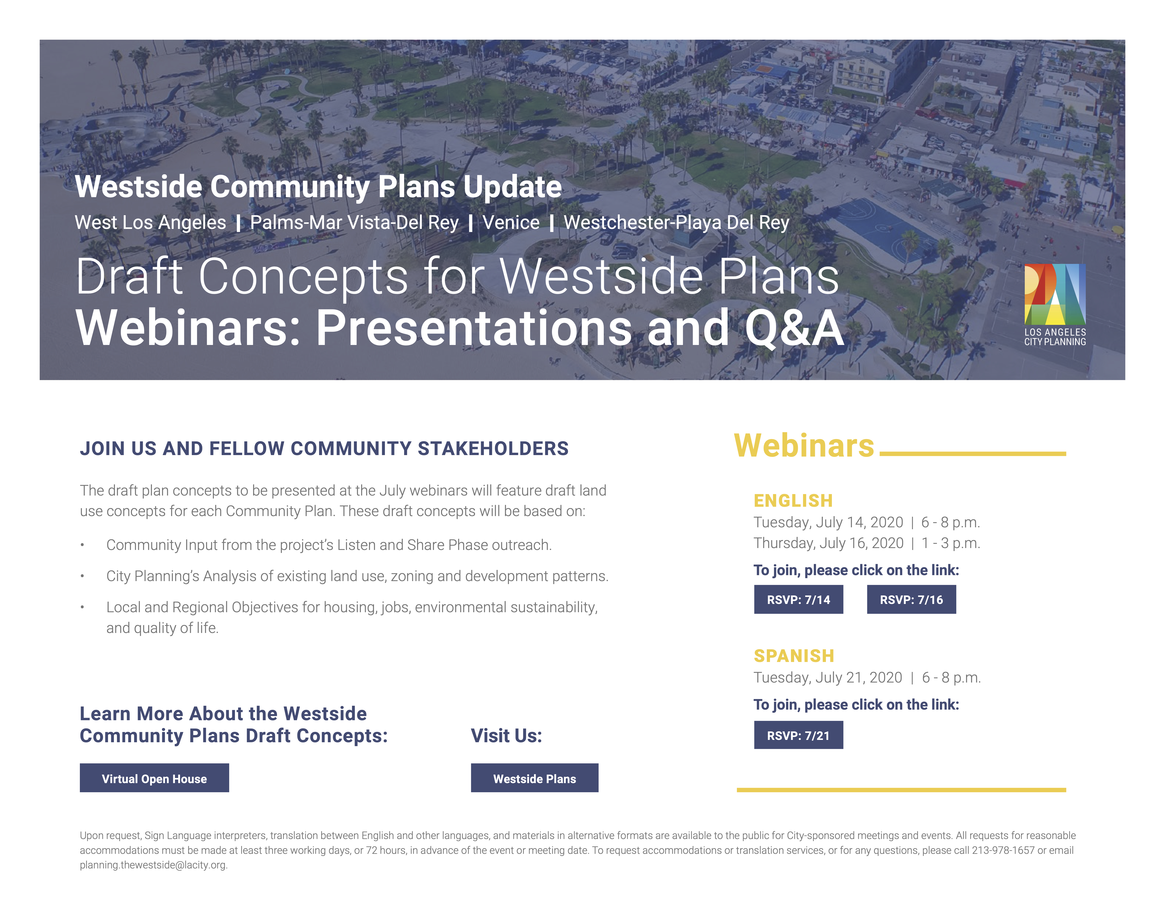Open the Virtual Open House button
pyautogui.click(x=154, y=778)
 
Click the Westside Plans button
pyautogui.click(x=534, y=778)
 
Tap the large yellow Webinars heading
pyautogui.click(x=804, y=446)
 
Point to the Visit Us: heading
pyautogui.click(x=506, y=736)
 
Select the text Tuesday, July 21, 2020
pyautogui.click(x=827, y=678)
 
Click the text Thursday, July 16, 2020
pyautogui.click(x=828, y=543)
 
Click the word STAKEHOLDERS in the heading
pyautogui.click(x=493, y=448)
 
